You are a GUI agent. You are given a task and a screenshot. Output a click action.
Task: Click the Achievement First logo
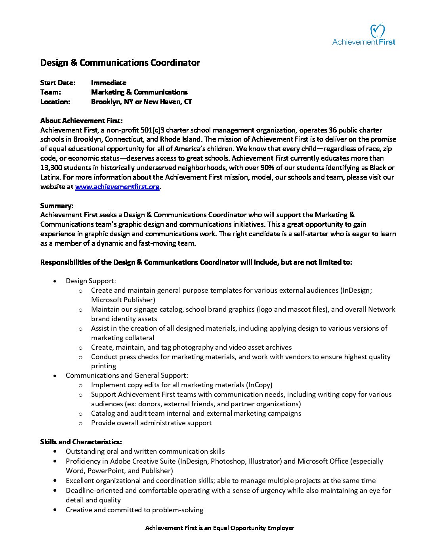tap(364, 34)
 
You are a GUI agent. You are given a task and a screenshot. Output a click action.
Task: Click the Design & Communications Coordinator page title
tap(120, 63)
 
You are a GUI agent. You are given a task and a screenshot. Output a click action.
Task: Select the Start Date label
tap(58, 83)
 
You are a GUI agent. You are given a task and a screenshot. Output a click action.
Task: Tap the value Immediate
tap(109, 83)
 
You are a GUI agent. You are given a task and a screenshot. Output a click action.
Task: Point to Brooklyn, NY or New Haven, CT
tap(141, 102)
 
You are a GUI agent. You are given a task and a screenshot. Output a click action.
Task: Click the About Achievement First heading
tap(81, 121)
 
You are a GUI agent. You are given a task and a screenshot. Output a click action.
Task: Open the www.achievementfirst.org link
tap(117, 187)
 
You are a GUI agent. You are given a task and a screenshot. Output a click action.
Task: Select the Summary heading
tap(57, 206)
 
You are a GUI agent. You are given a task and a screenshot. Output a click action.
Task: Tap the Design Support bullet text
tap(91, 281)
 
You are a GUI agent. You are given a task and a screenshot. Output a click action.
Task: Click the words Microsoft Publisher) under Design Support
tap(123, 300)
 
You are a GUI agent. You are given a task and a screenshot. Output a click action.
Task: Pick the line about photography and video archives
tap(191, 347)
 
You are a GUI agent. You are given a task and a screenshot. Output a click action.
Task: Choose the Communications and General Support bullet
tap(127, 375)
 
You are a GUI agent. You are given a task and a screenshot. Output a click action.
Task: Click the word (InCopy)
tap(259, 385)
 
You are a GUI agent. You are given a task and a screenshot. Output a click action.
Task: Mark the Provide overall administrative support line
tap(151, 423)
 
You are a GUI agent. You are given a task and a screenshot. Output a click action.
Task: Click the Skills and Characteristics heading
tap(81, 442)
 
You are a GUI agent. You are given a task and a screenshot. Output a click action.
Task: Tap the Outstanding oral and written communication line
tap(145, 451)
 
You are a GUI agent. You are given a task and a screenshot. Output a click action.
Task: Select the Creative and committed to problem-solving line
tap(134, 510)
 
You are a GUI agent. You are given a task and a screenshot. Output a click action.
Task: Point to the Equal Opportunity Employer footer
tap(219, 528)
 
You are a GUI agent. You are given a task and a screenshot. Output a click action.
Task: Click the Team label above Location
tap(50, 92)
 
